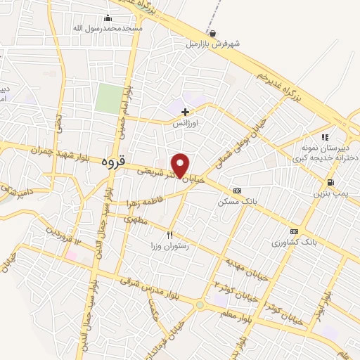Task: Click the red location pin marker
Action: tap(180, 165)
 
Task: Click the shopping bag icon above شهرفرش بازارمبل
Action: tap(212, 32)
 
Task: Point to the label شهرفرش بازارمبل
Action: tap(212, 44)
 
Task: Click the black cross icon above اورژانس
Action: tap(185, 112)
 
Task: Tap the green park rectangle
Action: tap(108, 98)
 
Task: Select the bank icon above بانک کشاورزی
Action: tap(294, 231)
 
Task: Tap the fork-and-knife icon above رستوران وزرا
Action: tap(169, 235)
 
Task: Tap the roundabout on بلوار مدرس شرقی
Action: tap(200, 305)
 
